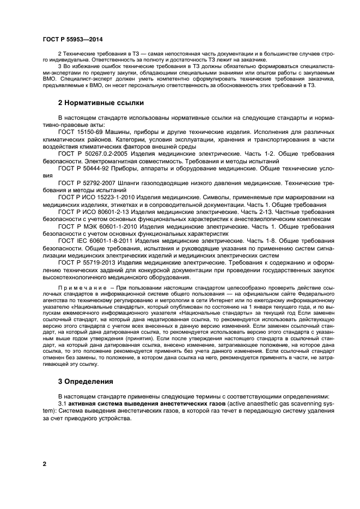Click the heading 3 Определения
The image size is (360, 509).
82,382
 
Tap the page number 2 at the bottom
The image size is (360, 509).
45,464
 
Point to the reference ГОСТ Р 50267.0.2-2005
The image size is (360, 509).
96,155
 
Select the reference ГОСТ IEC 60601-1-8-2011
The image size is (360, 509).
96,240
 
